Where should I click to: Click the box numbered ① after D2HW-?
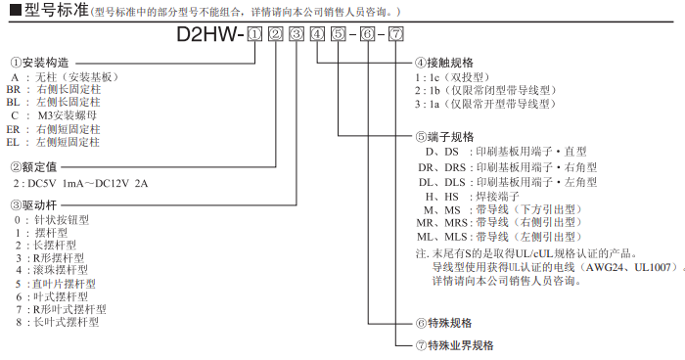coord(254,34)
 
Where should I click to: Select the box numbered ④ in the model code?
coord(318,34)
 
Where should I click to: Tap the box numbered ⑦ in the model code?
coord(396,34)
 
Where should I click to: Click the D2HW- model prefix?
coord(210,34)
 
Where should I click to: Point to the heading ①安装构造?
coord(40,63)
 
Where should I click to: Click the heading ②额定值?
coord(34,167)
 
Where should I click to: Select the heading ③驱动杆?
coord(34,204)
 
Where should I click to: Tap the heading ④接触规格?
coord(444,63)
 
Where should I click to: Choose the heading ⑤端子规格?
coord(444,137)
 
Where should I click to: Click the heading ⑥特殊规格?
coord(444,323)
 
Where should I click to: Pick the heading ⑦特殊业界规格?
coord(455,345)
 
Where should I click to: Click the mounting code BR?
coord(13,90)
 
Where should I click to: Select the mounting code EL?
coord(13,143)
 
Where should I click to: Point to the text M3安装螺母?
coord(68,115)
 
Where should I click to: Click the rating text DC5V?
coord(41,184)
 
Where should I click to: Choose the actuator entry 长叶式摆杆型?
coord(67,323)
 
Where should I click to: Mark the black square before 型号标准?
coord(16,10)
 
